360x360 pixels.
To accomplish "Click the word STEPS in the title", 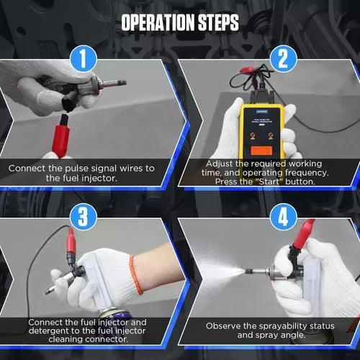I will click(214, 22).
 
